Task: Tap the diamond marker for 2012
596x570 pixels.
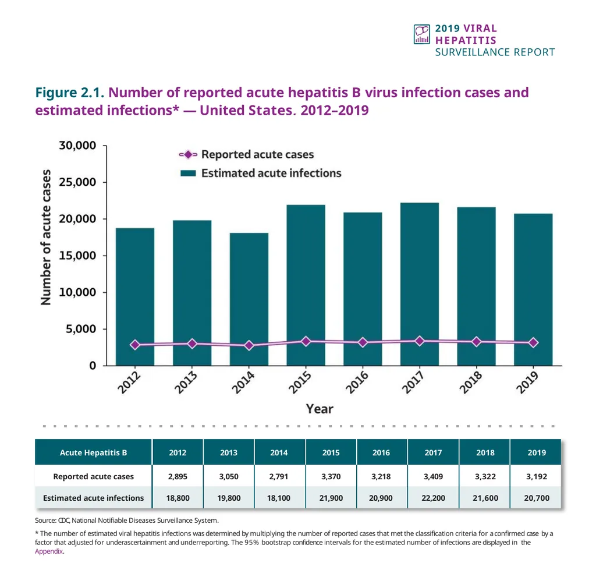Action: point(135,345)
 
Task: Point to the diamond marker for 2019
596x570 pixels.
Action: point(533,343)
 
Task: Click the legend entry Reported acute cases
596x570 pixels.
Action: point(257,155)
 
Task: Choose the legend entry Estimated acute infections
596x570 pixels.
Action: point(271,173)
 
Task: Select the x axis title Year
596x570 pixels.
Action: point(320,409)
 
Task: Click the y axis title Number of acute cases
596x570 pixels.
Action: point(46,237)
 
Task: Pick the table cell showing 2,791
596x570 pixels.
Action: point(279,476)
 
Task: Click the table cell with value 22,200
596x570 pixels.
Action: point(433,498)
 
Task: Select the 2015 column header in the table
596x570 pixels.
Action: point(331,452)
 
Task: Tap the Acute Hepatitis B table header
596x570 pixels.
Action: point(93,452)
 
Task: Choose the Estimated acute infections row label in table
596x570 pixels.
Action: point(93,498)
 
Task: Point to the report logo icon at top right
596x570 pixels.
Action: point(421,34)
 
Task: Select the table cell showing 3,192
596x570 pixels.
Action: point(536,476)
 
